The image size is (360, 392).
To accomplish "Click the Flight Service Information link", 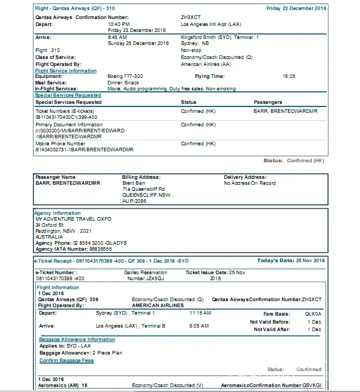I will [x=65, y=71].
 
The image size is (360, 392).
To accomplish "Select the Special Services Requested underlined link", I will [x=67, y=95].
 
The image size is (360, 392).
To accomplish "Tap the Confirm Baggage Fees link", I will [x=66, y=361].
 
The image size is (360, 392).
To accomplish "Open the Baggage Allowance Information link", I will [x=77, y=340].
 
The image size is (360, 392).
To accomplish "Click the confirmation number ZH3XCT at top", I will [x=190, y=17].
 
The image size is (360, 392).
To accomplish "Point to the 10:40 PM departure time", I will [x=118, y=24].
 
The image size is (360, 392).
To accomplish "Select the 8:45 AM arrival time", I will [x=117, y=37].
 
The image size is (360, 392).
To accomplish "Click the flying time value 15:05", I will [x=289, y=76].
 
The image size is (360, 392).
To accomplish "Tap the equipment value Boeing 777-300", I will [x=125, y=76].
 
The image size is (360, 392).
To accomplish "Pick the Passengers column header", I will [x=268, y=102].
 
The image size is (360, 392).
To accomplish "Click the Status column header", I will [x=188, y=102].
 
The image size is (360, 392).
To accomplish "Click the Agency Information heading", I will [x=57, y=213].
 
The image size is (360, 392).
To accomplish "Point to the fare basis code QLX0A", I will [x=313, y=314].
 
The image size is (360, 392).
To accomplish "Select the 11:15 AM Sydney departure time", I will [x=200, y=313].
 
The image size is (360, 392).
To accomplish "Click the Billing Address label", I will [x=141, y=177].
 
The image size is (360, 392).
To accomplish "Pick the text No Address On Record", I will [x=249, y=183].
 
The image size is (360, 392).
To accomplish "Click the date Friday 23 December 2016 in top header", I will [x=296, y=8].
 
